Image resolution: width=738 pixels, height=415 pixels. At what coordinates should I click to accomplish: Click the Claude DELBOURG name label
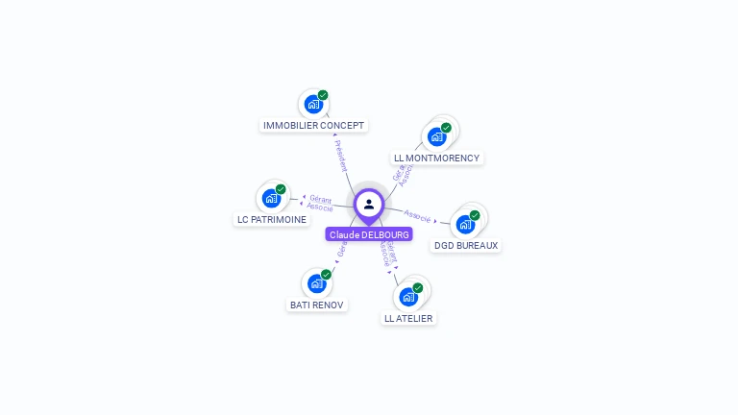click(369, 234)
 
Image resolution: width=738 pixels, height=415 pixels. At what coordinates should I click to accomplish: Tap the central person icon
click(369, 204)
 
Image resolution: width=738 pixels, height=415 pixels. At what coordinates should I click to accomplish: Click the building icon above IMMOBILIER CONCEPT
click(312, 104)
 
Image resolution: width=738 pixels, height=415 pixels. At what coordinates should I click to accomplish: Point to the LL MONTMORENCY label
click(436, 158)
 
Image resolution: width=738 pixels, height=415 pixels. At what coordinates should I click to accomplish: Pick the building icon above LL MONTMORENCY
click(437, 136)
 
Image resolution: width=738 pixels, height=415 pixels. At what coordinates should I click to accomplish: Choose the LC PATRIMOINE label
click(272, 219)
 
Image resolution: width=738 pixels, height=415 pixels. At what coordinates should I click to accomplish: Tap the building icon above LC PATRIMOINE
click(271, 198)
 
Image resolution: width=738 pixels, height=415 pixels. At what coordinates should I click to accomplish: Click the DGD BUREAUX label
click(466, 245)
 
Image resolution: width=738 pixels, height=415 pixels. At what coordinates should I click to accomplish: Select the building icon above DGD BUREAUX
click(466, 224)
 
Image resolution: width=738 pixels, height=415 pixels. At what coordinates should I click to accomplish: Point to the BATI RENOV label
click(317, 305)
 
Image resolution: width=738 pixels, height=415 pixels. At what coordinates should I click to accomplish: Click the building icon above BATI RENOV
click(316, 283)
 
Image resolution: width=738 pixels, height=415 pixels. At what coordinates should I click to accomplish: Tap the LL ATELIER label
click(408, 318)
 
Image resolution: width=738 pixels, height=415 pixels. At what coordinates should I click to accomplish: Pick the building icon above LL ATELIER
click(408, 296)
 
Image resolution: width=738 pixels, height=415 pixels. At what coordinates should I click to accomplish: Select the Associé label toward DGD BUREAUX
click(418, 215)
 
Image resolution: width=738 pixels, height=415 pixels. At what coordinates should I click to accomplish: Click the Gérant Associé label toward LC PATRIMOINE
click(320, 203)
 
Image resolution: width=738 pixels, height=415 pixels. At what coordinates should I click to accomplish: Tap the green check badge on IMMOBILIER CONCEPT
click(323, 95)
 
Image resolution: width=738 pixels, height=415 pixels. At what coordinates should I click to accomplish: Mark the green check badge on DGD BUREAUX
click(475, 215)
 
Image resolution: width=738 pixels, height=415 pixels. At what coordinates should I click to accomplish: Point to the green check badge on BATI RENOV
click(326, 275)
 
